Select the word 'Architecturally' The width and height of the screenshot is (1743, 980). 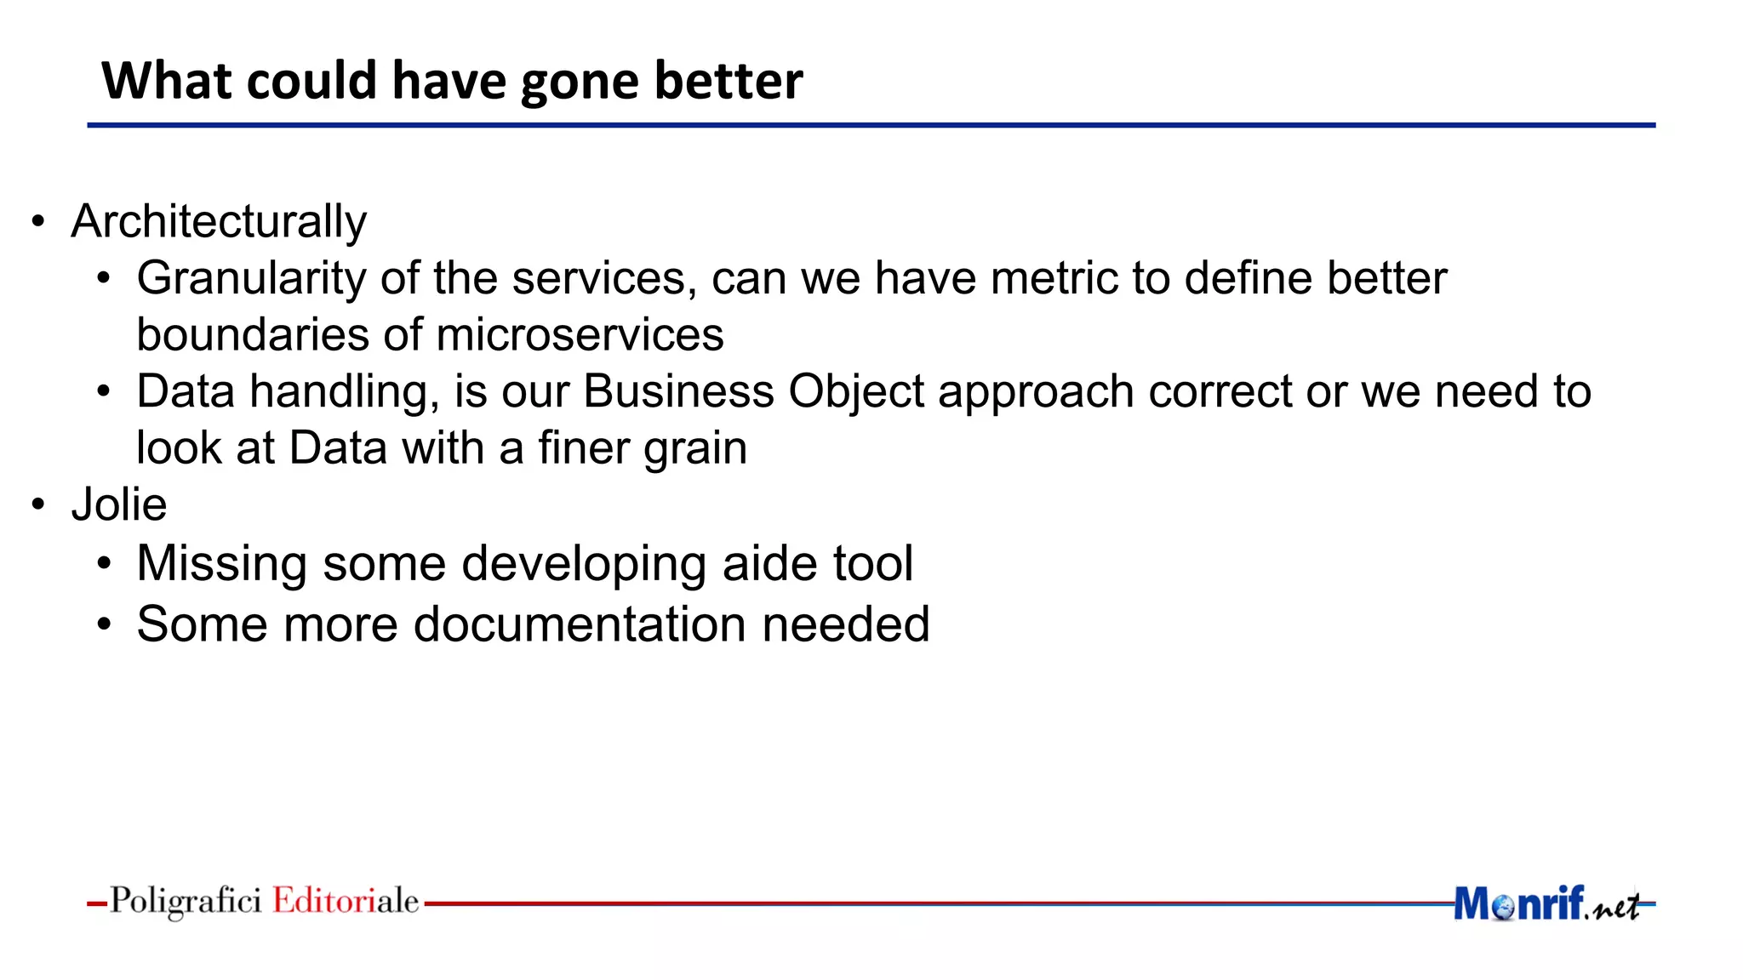coord(219,222)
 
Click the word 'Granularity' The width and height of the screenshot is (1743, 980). coord(251,279)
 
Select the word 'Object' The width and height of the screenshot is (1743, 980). coord(855,392)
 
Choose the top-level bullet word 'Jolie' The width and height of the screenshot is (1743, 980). coord(119,505)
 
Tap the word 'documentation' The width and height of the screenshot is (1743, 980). coord(580,624)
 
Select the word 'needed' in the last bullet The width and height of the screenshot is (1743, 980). coord(845,624)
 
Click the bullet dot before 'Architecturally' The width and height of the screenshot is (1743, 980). coord(38,223)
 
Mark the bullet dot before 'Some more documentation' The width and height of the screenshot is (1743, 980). coord(104,625)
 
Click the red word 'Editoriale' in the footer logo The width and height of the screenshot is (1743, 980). coord(346,901)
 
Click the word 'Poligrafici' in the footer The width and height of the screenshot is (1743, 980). coord(186,901)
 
